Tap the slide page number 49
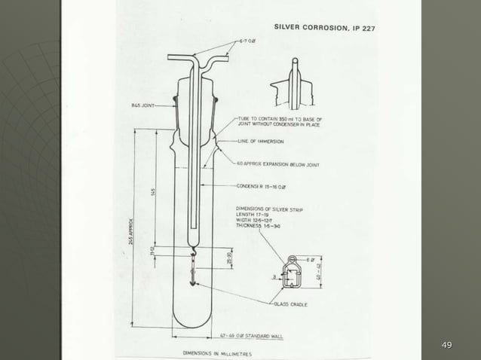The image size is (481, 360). click(446, 345)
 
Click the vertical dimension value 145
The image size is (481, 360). click(154, 193)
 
